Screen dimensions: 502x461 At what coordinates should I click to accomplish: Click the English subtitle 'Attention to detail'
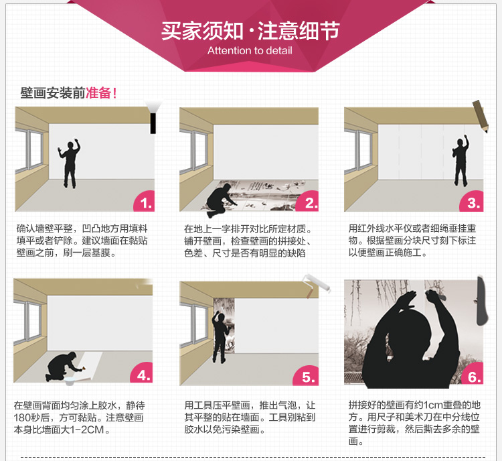click(x=250, y=51)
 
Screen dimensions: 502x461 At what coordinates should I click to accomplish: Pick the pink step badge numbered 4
click(x=142, y=373)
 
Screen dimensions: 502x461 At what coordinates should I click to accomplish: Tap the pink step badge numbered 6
click(x=473, y=375)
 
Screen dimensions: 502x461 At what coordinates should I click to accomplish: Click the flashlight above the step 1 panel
click(x=153, y=117)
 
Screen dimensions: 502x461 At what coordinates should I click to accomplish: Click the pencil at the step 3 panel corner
click(x=481, y=116)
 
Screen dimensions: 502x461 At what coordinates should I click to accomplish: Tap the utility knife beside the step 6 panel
click(x=482, y=300)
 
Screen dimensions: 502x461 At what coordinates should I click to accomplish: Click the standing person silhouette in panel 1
click(x=70, y=163)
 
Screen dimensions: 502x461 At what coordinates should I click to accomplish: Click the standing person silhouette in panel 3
click(x=461, y=160)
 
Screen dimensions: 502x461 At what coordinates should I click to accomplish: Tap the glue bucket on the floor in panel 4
click(x=70, y=381)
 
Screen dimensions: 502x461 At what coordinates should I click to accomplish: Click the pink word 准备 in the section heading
click(x=98, y=93)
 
